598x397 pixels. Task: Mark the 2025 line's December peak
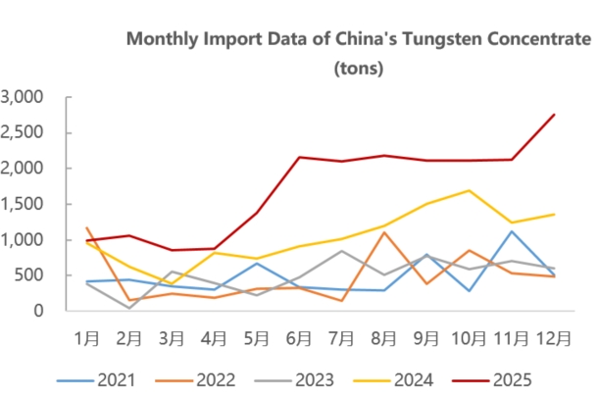(x=555, y=115)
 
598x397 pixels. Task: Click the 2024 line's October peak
(x=471, y=190)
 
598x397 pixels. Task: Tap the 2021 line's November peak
(x=513, y=230)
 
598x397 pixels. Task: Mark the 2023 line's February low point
(x=130, y=308)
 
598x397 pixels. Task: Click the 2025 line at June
(x=300, y=157)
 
